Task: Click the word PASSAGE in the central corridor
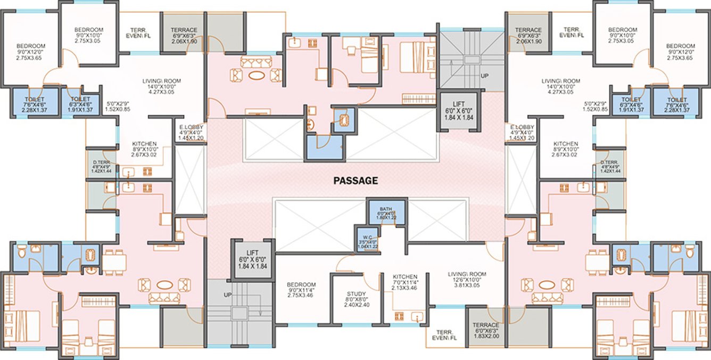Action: pyautogui.click(x=355, y=181)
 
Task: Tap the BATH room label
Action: pyautogui.click(x=386, y=209)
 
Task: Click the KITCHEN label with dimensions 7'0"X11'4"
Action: pyautogui.click(x=405, y=277)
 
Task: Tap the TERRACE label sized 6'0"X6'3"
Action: pyautogui.click(x=485, y=325)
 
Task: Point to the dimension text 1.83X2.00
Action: pyautogui.click(x=485, y=337)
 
